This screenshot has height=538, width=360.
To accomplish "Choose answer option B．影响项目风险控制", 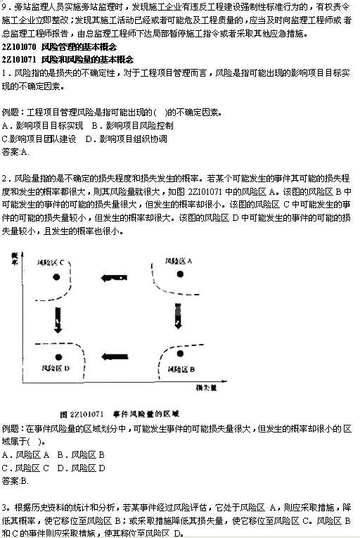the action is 133,125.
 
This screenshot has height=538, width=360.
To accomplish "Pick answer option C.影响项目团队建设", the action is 39,138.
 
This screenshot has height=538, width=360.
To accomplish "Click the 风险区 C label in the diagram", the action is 54,263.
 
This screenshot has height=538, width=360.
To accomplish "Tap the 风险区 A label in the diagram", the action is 179,262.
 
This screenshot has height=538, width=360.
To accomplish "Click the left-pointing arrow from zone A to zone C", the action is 114,278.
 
